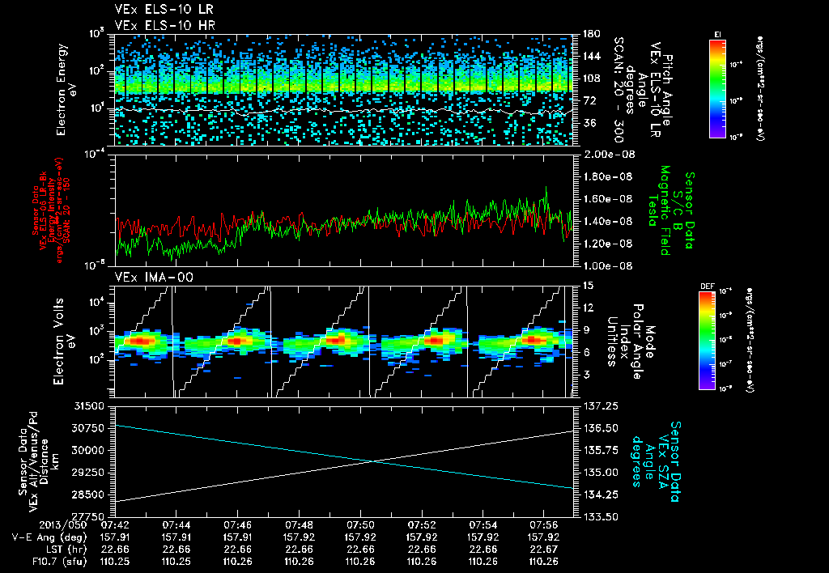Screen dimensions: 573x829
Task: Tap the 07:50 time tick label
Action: [x=359, y=524]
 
